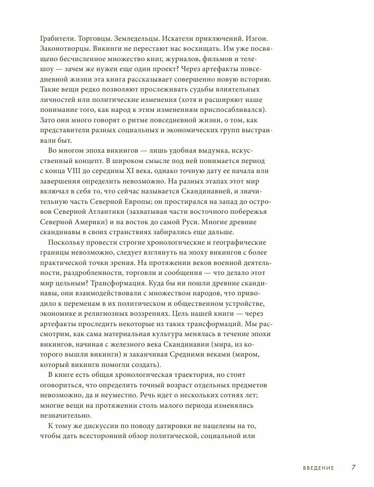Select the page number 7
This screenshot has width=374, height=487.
pyautogui.click(x=355, y=468)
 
